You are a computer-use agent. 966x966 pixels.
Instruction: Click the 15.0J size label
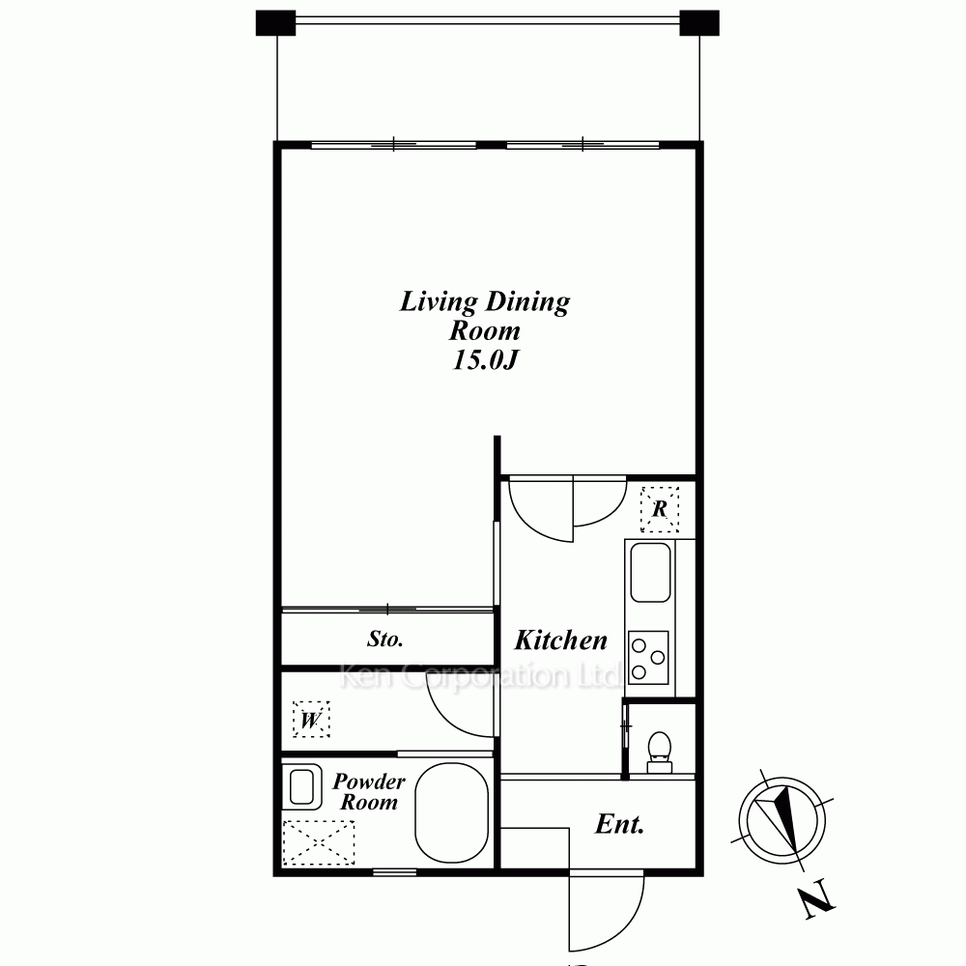click(x=484, y=359)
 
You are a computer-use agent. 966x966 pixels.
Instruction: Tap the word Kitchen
click(x=560, y=640)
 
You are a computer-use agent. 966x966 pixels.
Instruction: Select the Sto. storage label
click(x=385, y=639)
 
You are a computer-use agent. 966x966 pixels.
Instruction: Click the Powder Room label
click(x=368, y=792)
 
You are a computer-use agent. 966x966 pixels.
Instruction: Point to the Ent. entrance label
click(x=619, y=824)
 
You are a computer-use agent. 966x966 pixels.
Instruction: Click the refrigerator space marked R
click(x=660, y=509)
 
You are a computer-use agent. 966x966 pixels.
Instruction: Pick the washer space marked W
click(x=311, y=720)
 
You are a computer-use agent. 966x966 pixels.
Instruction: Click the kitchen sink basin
click(x=650, y=572)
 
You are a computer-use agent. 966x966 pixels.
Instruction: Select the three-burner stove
click(x=648, y=657)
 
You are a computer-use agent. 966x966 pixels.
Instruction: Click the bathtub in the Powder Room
click(x=452, y=812)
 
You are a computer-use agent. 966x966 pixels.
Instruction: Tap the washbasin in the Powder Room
click(x=301, y=786)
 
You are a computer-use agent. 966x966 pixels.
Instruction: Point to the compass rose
click(x=782, y=820)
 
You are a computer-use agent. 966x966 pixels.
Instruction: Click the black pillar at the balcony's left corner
click(x=275, y=23)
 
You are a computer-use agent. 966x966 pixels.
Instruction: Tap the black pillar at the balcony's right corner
click(x=699, y=23)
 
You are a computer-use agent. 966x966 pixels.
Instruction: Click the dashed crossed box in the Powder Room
click(x=319, y=842)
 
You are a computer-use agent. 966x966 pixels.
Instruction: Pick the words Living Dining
click(x=484, y=302)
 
